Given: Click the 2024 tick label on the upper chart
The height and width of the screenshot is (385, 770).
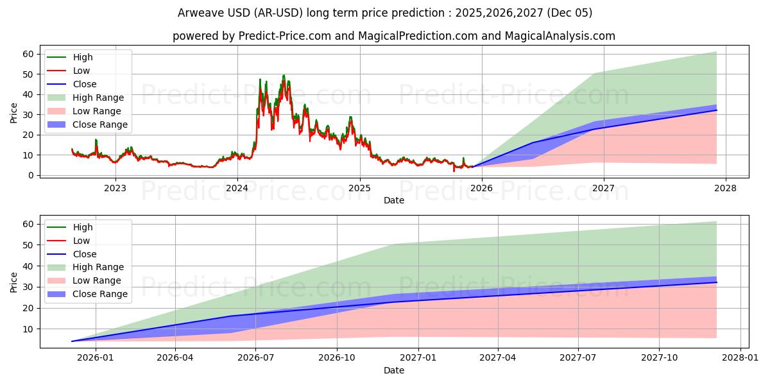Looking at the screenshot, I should point(237,188).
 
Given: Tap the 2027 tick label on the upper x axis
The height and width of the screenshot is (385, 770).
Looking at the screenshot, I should point(603,188).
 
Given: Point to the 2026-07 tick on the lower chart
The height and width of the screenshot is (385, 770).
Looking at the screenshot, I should point(255,359).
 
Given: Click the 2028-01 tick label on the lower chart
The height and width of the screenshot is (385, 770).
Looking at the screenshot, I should point(740,359).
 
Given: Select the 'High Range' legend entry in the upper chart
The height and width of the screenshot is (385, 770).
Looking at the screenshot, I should point(98,98).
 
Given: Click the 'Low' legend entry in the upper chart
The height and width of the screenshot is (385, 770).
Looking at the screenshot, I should point(81,71).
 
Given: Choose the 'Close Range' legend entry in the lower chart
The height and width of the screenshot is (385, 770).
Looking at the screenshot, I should point(100,294).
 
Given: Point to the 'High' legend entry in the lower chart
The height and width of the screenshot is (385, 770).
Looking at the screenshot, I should point(83,227).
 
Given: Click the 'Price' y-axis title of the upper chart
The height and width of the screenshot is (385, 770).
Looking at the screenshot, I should point(14,113).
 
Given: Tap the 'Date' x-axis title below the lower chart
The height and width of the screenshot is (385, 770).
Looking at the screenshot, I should point(394,370).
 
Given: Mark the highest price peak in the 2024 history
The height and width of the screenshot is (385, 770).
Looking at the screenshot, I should point(284,75).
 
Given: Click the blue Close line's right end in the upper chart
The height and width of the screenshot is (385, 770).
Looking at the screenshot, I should point(717,110).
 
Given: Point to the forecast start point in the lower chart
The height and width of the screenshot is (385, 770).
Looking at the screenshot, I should point(72,341).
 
